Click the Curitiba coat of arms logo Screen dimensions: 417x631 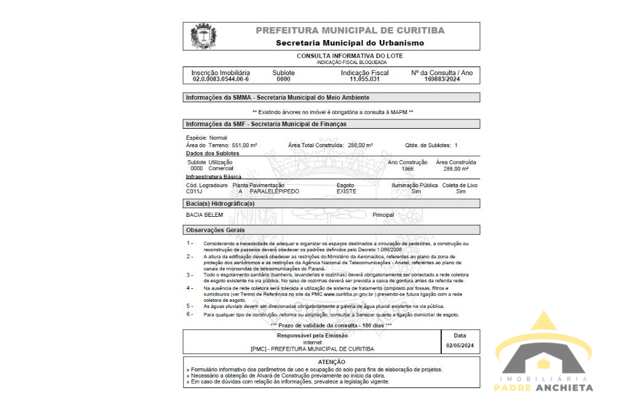(x=203, y=36)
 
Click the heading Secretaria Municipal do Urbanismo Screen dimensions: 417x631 (x=349, y=43)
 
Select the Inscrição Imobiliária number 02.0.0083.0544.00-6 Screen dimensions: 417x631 (x=221, y=79)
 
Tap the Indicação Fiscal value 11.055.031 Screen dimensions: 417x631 (x=365, y=79)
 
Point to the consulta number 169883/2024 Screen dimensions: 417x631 (x=442, y=79)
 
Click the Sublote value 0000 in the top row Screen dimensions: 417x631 (x=283, y=79)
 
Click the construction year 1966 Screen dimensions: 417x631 (x=407, y=169)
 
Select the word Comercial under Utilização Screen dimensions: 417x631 (x=221, y=169)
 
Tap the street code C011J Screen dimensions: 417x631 (x=194, y=192)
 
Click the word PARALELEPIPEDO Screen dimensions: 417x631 (x=274, y=192)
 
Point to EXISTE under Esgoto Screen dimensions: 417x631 (x=346, y=192)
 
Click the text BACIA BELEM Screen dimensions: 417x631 (x=205, y=215)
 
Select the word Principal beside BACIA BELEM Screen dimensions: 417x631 (x=383, y=215)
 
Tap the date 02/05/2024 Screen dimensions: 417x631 (x=460, y=346)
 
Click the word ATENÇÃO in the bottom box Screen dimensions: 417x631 (x=332, y=362)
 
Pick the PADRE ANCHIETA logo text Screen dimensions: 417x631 (x=543, y=388)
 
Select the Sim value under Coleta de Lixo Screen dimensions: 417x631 (x=460, y=192)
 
